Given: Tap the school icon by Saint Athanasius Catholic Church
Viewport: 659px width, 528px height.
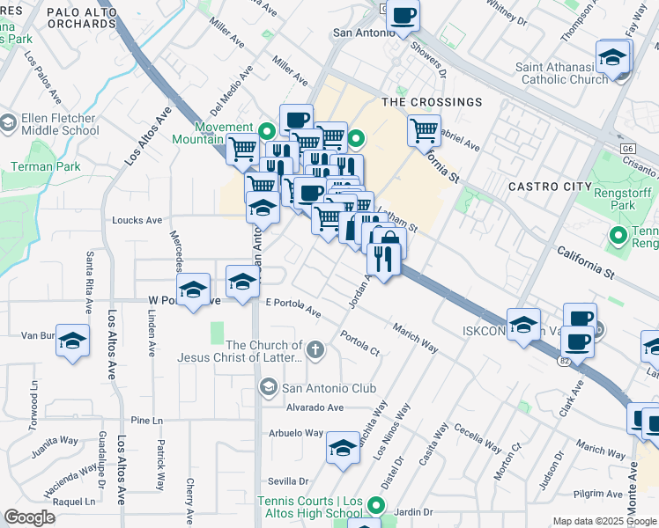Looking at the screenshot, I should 612,58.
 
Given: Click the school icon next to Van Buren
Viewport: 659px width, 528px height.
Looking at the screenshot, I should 72,341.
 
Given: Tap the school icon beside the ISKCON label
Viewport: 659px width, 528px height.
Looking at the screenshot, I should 523,324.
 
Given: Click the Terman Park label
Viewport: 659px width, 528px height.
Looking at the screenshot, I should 45,166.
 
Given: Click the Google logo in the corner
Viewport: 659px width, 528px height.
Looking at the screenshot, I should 30,517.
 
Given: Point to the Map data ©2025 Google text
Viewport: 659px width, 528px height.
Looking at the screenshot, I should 604,521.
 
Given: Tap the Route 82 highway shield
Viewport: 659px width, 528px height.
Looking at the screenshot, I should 564,361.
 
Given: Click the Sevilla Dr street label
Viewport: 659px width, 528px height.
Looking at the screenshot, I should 288,481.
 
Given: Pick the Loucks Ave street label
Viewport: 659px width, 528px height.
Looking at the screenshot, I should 137,220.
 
